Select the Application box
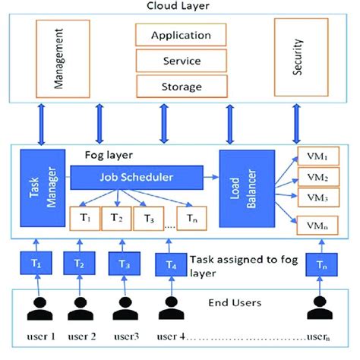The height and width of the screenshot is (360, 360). click(x=181, y=35)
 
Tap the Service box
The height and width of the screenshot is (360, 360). click(x=181, y=60)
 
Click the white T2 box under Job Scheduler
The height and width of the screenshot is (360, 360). click(x=116, y=219)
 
